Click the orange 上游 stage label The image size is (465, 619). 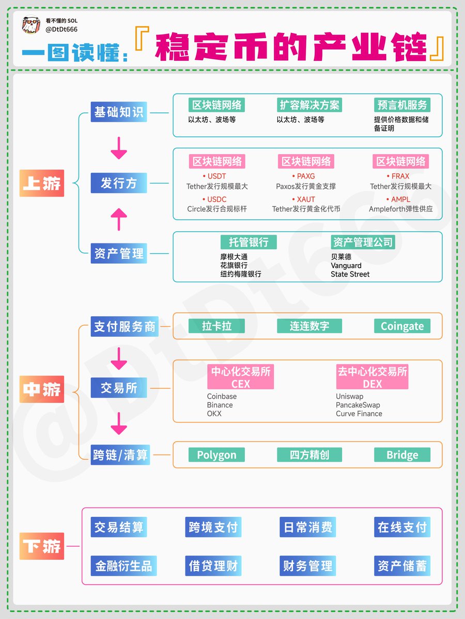pos(41,183)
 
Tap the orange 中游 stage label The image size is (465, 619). pos(41,389)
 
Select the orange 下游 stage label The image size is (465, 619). pos(41,546)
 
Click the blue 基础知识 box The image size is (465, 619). pos(118,111)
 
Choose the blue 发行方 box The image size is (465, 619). pos(118,183)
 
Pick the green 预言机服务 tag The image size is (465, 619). pos(402,105)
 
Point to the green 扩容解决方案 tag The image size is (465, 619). pos(309,105)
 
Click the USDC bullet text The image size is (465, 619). pos(214,200)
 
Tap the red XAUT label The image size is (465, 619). pos(306,200)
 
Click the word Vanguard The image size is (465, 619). pos(346,266)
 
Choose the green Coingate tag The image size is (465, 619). pos(402,326)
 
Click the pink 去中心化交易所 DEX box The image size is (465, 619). pos(372,377)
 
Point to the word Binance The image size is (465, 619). pos(220,405)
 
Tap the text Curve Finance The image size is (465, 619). pos(359,414)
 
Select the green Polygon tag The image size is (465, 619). pos(216,455)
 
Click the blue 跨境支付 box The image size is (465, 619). pos(213,527)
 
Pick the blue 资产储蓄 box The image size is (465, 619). pos(402,566)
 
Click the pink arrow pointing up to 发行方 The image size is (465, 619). pos(119,219)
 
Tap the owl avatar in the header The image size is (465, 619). pos(31,25)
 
